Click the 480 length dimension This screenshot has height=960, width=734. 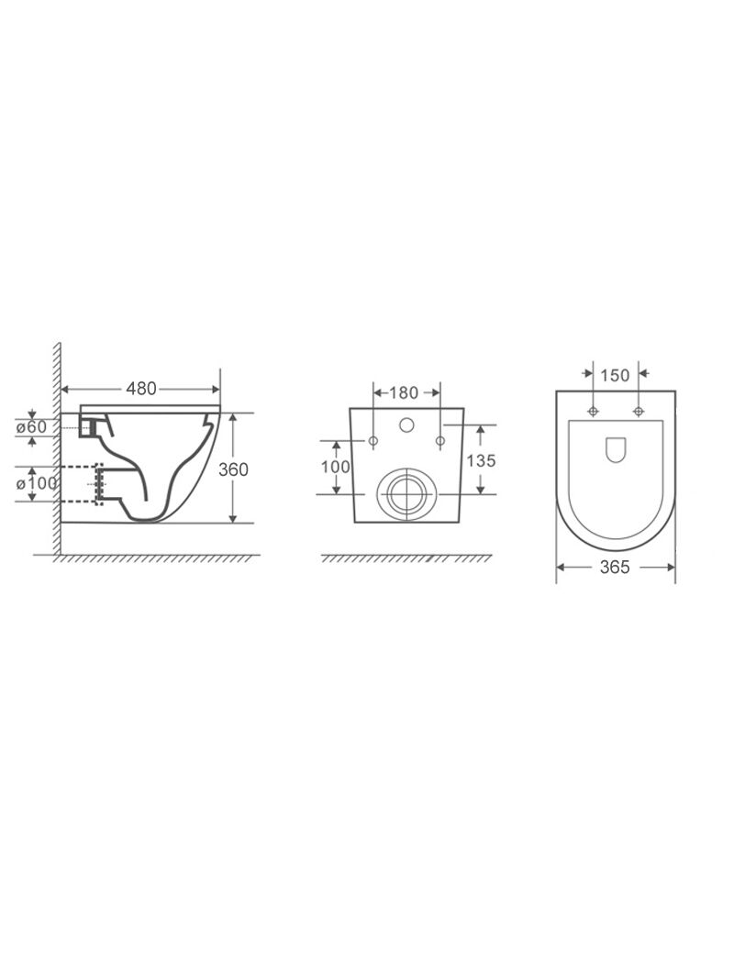[x=141, y=388]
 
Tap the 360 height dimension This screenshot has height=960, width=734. [x=233, y=469]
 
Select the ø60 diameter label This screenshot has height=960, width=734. [x=31, y=426]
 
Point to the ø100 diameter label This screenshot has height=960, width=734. [x=36, y=483]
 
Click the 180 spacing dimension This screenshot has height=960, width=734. [x=404, y=392]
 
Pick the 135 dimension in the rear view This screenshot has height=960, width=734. [x=481, y=459]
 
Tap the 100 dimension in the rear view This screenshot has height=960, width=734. [x=336, y=467]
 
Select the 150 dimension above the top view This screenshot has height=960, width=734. [x=615, y=375]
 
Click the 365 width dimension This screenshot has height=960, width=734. [x=615, y=568]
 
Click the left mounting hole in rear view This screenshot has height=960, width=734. [x=373, y=440]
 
